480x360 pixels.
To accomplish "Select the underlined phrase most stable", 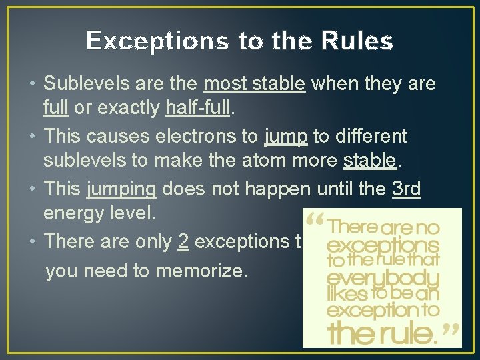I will pos(254,84).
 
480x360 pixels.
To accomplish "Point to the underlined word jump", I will pos(285,137).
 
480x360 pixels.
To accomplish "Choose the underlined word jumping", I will pos(121,189).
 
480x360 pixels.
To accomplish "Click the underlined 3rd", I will pos(407,189).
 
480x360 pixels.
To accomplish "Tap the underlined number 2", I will pos(183,241).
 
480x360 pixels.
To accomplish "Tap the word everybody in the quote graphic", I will pos(383,277).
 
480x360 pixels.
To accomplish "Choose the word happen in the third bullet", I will pos(277,189).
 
